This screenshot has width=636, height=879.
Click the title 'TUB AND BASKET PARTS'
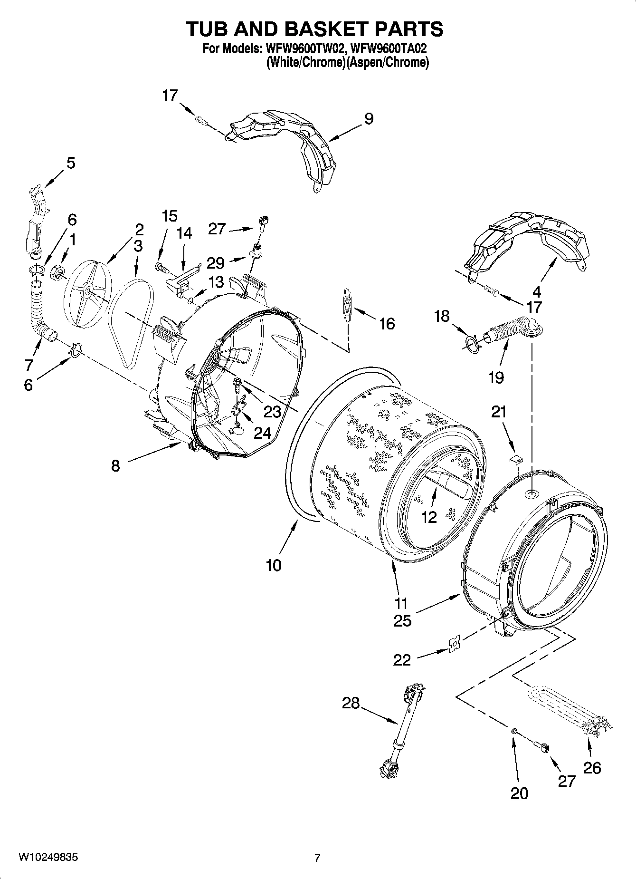(314, 29)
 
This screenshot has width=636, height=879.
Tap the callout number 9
(369, 119)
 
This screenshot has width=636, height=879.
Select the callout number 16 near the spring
(387, 324)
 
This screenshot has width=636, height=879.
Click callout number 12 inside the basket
(429, 517)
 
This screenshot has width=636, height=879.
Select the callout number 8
(115, 466)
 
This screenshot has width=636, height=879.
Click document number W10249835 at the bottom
(48, 857)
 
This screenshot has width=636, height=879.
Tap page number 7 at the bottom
(318, 858)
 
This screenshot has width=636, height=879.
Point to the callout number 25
(402, 621)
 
